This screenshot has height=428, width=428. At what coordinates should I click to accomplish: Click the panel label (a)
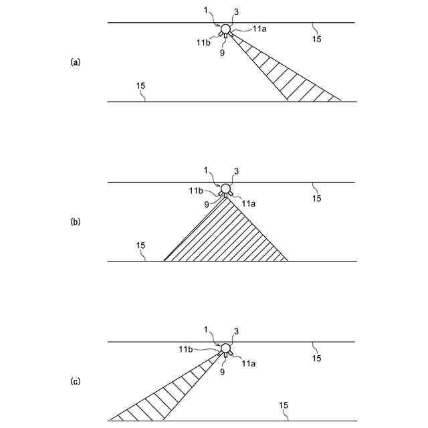click(x=75, y=62)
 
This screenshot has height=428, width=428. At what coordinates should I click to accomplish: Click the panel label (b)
click(x=75, y=221)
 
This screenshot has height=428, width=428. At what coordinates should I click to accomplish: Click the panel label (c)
click(x=75, y=381)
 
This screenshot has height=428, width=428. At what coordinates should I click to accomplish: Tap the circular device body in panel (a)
click(x=225, y=29)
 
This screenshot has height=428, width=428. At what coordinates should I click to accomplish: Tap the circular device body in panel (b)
click(x=225, y=188)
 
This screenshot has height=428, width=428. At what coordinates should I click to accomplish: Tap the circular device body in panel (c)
click(x=225, y=348)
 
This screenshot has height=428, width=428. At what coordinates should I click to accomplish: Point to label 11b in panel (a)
click(x=203, y=42)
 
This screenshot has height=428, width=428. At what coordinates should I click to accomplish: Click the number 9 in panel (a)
click(x=221, y=52)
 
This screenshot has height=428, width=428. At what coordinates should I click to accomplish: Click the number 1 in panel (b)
click(x=206, y=170)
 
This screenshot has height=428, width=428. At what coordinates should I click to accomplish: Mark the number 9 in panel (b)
click(x=207, y=203)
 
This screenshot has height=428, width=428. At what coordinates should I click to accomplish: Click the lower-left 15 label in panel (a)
click(x=140, y=86)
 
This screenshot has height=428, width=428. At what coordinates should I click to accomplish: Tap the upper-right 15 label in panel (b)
click(x=317, y=199)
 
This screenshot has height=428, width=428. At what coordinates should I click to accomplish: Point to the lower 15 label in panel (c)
click(x=283, y=405)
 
